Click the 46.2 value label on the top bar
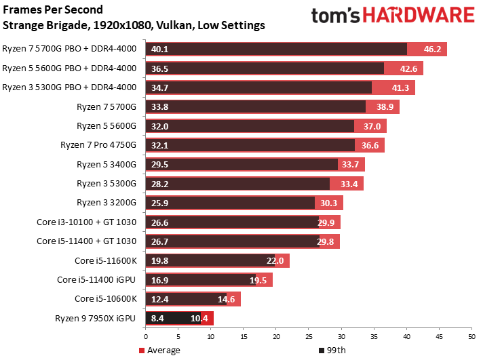(432, 49)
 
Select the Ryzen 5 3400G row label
(106, 165)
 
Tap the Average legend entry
(159, 351)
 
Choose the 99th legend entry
(332, 351)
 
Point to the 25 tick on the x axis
(309, 337)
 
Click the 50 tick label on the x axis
(472, 337)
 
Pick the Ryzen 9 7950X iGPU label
(95, 319)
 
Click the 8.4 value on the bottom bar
(157, 319)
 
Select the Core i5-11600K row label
(106, 261)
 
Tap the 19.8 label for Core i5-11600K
(159, 261)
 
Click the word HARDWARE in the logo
(419, 15)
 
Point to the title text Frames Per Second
(53, 9)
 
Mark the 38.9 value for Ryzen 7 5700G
(385, 107)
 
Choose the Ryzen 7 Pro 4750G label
(98, 145)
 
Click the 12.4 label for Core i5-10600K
(159, 299)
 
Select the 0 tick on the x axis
(145, 337)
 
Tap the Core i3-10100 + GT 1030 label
(87, 222)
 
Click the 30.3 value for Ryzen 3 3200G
(328, 203)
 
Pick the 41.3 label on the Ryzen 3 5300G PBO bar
(400, 88)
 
